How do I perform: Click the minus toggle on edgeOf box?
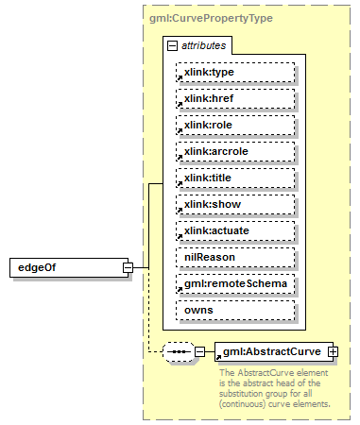click(128, 267)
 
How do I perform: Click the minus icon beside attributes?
click(172, 45)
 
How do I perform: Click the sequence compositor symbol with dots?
click(178, 352)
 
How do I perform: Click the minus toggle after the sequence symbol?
click(199, 352)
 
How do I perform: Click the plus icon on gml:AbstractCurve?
click(333, 351)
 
